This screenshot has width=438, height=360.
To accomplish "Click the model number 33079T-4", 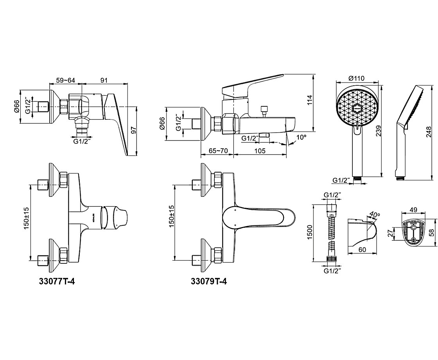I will [x=209, y=281].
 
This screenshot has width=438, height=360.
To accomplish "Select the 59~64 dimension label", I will [x=65, y=80].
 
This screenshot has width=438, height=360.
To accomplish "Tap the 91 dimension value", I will [x=104, y=80].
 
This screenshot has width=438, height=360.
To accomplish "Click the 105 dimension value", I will [x=260, y=151].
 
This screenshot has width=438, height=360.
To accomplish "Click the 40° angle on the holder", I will [x=374, y=215].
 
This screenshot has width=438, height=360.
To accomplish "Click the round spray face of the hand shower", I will [x=358, y=106].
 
